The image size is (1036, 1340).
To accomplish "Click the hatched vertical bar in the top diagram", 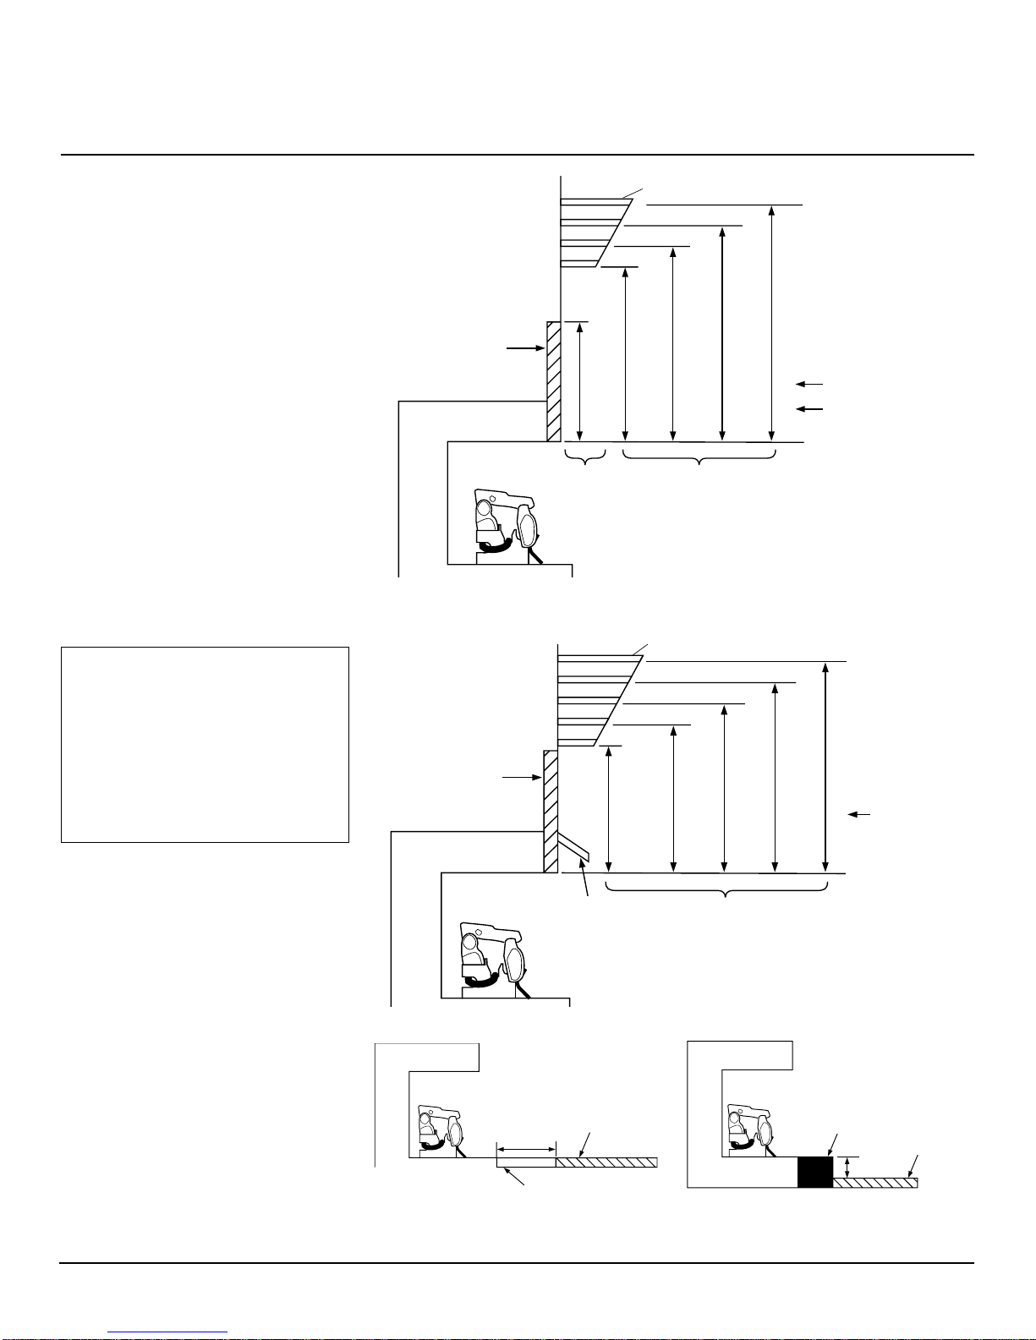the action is click(x=554, y=380).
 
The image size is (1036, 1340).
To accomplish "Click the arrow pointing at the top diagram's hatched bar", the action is click(x=525, y=347).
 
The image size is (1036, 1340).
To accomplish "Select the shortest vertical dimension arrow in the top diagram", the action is click(x=579, y=380).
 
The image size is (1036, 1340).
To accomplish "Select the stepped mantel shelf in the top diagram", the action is click(x=592, y=232).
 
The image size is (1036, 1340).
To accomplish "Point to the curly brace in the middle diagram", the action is click(x=717, y=891).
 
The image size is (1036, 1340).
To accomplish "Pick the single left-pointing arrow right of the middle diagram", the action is click(x=860, y=814).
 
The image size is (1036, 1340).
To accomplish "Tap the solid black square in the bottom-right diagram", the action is click(x=815, y=1172).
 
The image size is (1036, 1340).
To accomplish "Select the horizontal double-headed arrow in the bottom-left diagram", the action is click(x=526, y=1149).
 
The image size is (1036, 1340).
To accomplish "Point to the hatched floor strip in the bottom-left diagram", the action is click(x=606, y=1162).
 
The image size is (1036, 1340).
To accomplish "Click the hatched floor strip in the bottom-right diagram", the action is click(x=875, y=1183).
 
